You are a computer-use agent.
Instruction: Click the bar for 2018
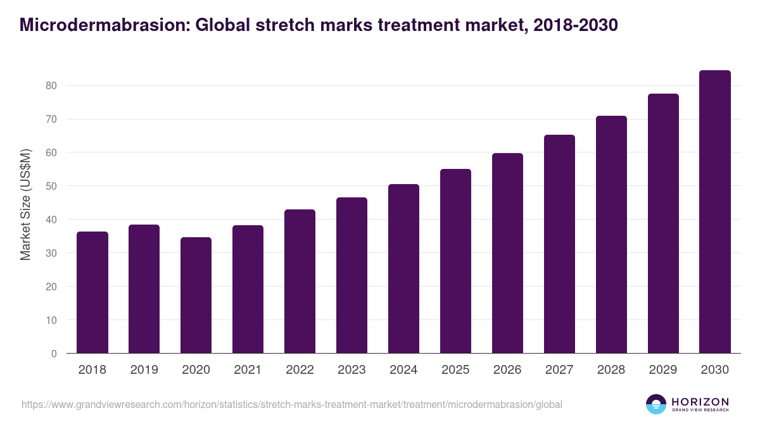pos(92,292)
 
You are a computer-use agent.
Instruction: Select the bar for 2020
pos(196,295)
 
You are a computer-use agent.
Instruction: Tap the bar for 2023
pos(351,275)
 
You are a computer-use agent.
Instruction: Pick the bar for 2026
pos(507,253)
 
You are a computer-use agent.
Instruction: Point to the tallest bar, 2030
pos(715,212)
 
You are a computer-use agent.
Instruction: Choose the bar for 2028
pos(611,235)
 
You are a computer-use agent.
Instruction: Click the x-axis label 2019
pos(144,370)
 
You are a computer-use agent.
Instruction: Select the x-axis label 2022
pos(300,370)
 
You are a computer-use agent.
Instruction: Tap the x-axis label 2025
pos(456,370)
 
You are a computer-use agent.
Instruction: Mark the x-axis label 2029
pos(663,370)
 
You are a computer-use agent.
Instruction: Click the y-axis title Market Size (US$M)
pos(25,205)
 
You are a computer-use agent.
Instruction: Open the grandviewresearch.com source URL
pos(291,404)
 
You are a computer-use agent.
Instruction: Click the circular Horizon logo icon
pos(656,404)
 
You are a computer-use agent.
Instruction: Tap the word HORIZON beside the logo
pos(700,402)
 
